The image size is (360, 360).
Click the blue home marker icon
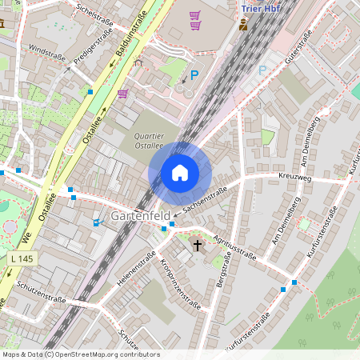coord(180,173)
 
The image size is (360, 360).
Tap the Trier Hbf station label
coord(261,8)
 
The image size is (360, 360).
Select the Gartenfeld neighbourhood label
coord(141,217)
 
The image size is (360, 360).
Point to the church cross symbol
coord(198,246)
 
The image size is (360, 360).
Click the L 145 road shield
coord(24,259)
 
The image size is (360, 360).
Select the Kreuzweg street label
coord(294,177)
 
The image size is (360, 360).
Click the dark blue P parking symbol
coord(194,76)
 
